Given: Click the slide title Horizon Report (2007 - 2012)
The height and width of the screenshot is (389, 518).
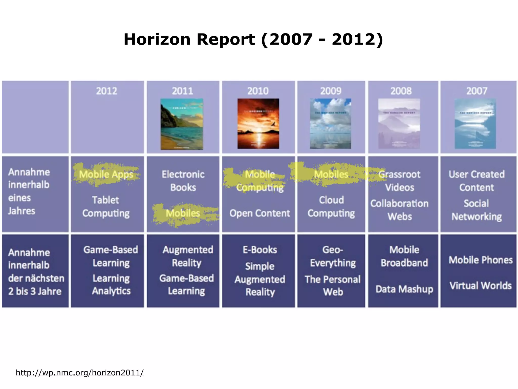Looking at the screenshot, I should [253, 40].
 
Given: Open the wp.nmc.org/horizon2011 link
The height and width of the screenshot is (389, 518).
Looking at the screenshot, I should [80, 373].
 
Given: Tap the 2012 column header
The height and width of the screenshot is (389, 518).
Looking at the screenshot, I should [106, 91].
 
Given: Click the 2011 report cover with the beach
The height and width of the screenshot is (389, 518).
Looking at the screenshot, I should [182, 124].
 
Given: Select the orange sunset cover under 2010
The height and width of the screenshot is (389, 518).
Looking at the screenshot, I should [258, 124].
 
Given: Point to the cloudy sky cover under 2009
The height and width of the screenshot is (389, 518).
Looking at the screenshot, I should [330, 124].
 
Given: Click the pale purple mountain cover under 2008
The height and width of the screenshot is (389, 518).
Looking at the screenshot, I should [399, 124].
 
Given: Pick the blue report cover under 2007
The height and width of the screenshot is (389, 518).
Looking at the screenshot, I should [475, 124].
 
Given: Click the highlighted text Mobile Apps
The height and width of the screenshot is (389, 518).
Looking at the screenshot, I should [106, 174].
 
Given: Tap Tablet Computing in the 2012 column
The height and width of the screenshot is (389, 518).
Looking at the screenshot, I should [106, 207].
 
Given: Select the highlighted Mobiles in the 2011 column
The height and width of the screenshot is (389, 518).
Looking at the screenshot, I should [183, 213].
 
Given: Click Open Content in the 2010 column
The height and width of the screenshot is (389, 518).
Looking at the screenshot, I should [260, 213].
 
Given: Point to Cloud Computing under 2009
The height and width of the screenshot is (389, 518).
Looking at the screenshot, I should [331, 207].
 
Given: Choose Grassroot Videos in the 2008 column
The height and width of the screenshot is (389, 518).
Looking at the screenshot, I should [399, 181].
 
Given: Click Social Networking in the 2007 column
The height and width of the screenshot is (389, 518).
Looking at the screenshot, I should [477, 210].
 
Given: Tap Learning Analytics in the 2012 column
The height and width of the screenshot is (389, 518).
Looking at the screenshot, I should [111, 284].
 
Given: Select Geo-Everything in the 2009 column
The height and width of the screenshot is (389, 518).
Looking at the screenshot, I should [333, 256].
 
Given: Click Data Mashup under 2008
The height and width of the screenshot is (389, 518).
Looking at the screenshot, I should [404, 289].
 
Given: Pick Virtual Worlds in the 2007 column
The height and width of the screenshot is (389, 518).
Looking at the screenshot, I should [481, 286].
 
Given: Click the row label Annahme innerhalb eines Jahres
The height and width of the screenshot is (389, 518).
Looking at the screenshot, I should [29, 191].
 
